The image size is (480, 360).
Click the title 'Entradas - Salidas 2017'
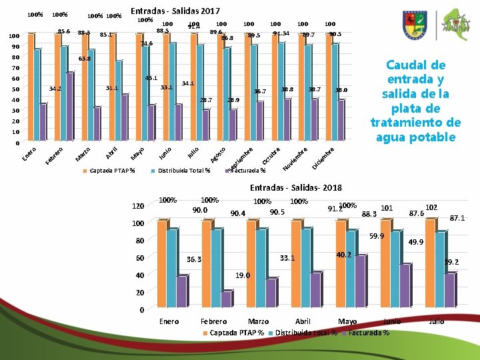(175, 11)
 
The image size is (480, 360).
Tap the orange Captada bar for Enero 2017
(31, 87)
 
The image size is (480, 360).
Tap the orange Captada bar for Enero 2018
(161, 264)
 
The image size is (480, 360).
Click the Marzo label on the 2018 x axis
(258, 321)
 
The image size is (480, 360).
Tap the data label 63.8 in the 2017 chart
(84, 59)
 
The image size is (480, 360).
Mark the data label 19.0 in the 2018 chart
(243, 275)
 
